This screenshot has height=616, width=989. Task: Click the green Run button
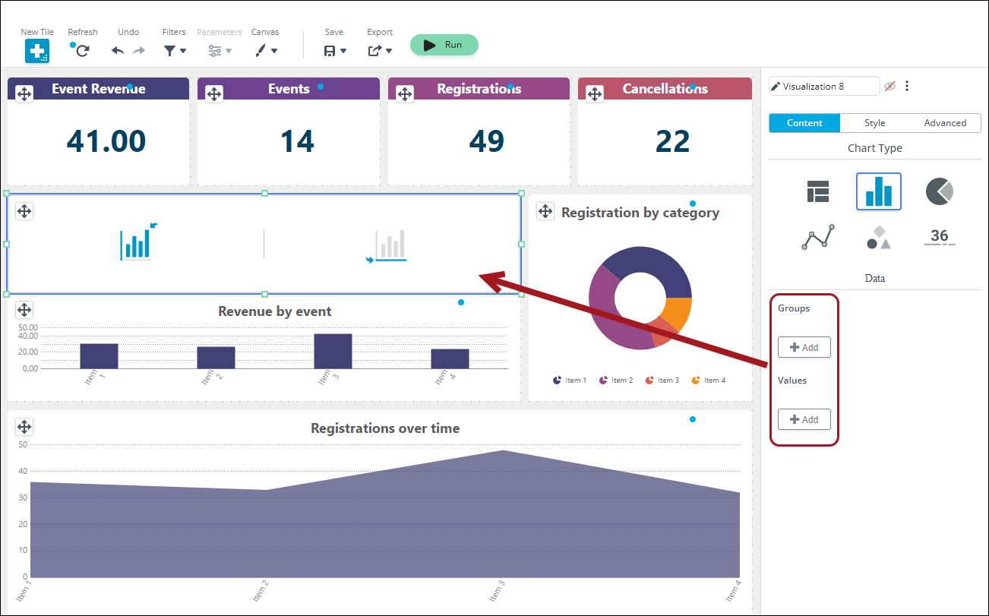click(444, 45)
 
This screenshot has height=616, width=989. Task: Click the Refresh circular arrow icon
click(82, 51)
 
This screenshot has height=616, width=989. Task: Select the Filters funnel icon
click(169, 51)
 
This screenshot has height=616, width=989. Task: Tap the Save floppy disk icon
click(330, 51)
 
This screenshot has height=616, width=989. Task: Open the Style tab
click(874, 123)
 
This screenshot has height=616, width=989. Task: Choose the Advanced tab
click(945, 123)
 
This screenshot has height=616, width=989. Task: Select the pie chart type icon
click(939, 191)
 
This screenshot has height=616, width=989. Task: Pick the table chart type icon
click(817, 191)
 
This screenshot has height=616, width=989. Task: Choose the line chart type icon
click(817, 237)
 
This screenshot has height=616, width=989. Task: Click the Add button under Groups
click(804, 347)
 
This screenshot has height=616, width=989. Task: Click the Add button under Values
click(804, 419)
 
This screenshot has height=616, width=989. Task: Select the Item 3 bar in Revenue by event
click(333, 351)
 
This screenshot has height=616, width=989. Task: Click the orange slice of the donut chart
click(678, 312)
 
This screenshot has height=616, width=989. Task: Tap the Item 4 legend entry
click(709, 381)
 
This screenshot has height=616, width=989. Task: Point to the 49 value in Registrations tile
click(486, 141)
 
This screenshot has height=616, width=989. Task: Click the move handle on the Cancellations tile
click(595, 93)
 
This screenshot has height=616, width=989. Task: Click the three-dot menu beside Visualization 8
click(907, 86)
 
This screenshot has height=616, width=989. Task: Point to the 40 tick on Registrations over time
click(23, 471)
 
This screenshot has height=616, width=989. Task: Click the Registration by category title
click(640, 213)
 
